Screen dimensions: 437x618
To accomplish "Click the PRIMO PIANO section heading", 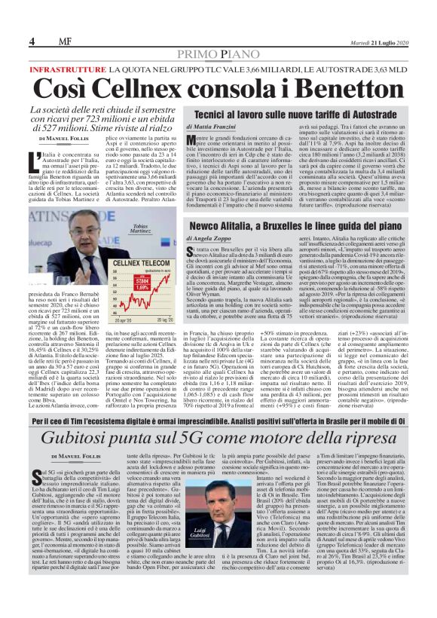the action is point(218,54).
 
